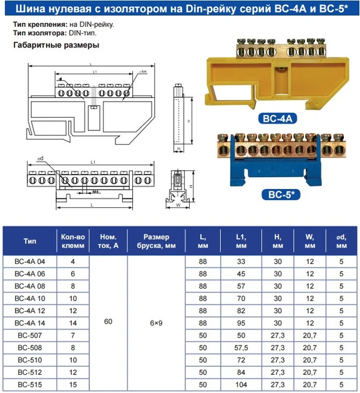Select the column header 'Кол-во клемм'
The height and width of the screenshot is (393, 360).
coord(73,241)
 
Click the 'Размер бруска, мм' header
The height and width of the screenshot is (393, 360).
coord(156,241)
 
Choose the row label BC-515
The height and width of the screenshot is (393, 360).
coord(30,385)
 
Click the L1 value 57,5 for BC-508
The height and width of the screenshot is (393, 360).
coord(240,347)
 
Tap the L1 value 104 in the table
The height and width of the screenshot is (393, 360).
coord(240,385)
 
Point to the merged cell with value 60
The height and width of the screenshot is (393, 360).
coord(109,322)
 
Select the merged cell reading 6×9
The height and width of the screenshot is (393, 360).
coord(156,322)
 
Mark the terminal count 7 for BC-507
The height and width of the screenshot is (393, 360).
coord(73,335)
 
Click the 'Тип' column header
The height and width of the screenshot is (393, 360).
coord(30,241)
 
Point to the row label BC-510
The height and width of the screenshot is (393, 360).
coord(30,360)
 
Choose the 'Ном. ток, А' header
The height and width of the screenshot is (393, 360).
coord(109,241)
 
